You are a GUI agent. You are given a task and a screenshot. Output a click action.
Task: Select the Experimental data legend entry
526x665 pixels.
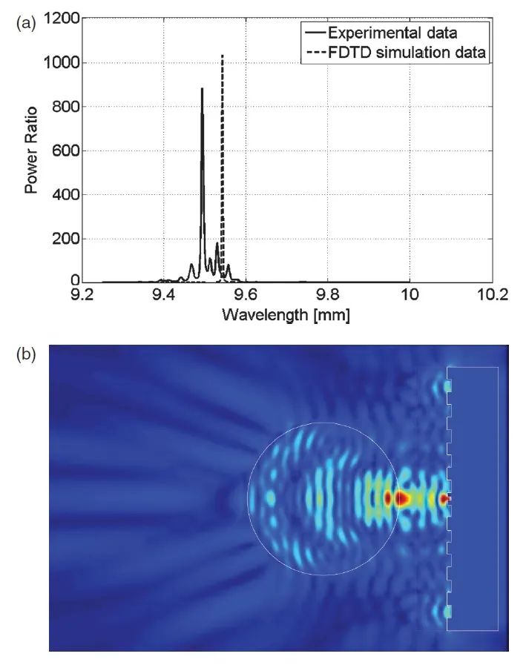pyautogui.click(x=391, y=33)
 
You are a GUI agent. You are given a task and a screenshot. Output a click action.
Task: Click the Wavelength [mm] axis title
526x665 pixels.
pyautogui.click(x=286, y=315)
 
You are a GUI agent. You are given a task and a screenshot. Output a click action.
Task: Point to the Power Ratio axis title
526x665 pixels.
pyautogui.click(x=31, y=151)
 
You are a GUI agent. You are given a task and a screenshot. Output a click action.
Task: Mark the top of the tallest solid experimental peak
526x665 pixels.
pyautogui.click(x=202, y=89)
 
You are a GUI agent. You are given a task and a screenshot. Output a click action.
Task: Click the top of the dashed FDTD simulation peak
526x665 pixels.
pyautogui.click(x=223, y=55)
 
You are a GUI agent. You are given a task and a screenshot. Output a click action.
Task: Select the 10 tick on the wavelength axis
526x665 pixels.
pyautogui.click(x=410, y=294)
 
